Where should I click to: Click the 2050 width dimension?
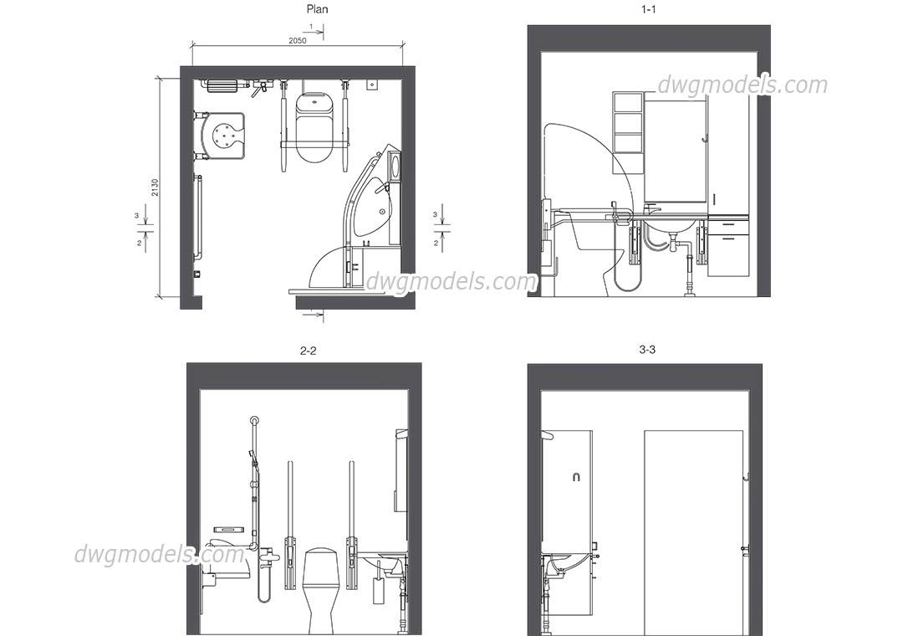pos(297,41)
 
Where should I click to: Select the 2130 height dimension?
pos(155,187)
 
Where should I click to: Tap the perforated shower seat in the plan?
pos(225,136)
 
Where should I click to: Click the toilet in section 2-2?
pos(319,586)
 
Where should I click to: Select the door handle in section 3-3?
pos(744,548)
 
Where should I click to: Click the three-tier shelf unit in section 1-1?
pos(628,133)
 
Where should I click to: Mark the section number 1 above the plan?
pos(311,27)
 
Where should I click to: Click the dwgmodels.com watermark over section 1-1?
pos(742,85)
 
